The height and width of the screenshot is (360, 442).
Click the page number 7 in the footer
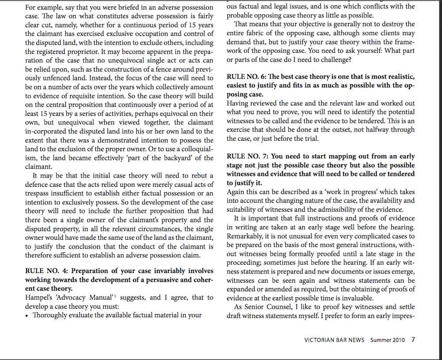tap(413, 340)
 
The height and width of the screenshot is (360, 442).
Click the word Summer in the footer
tap(380, 340)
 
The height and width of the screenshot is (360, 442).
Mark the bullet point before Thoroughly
tap(27, 315)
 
